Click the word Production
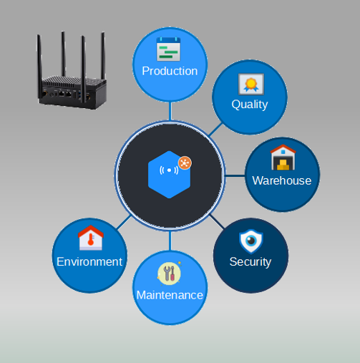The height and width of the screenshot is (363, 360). coord(170,71)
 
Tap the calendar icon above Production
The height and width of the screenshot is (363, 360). coord(168,49)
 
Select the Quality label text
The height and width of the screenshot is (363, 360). coord(250,105)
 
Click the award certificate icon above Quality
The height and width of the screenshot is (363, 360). coord(251,84)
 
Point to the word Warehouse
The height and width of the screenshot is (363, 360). coord(282,180)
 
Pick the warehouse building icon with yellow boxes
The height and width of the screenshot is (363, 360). coord(283,158)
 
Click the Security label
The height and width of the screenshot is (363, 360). coord(250,262)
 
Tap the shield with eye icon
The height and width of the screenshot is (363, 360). coord(251,241)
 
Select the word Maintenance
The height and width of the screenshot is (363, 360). coord(170,295)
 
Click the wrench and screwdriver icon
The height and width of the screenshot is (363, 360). coord(169,274)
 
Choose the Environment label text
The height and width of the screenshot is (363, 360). coord(89,262)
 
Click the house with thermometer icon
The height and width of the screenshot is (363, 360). coord(91,238)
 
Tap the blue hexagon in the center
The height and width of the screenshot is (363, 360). coord(169,175)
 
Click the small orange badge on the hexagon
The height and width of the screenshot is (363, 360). coord(185,163)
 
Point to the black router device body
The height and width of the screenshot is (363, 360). coord(72,92)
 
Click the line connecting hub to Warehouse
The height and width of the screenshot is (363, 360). coord(235,176)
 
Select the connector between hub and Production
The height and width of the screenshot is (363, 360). coord(170,111)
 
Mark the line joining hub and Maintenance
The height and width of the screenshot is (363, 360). coord(170,241)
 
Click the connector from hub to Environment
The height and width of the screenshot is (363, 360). coord(124,223)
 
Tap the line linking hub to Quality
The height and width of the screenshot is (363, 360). coord(215,130)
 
